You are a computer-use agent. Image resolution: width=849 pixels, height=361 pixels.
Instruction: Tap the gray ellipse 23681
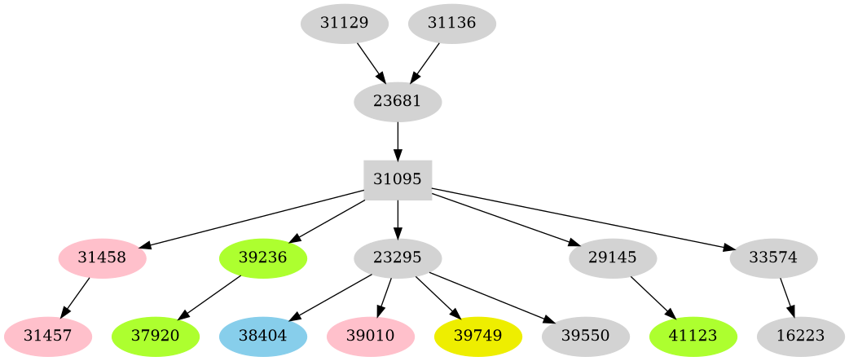click(x=398, y=102)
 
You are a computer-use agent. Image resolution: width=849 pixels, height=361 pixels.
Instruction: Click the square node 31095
click(x=398, y=180)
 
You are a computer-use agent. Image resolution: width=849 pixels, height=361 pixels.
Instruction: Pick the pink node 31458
click(x=103, y=258)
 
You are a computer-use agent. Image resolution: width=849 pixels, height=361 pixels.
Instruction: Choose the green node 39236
click(x=263, y=258)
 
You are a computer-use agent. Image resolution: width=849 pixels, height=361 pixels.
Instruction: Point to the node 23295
click(x=398, y=258)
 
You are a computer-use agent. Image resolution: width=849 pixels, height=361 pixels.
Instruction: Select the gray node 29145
click(x=612, y=258)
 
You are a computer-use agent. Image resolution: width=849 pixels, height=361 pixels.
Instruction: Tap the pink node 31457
click(x=47, y=336)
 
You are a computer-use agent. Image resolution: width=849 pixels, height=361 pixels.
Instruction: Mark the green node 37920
click(x=156, y=336)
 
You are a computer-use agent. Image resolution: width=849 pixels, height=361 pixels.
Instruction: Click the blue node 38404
click(x=263, y=336)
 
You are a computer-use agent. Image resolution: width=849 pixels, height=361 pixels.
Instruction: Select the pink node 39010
click(x=371, y=336)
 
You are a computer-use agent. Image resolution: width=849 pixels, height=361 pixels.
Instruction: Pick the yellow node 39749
click(x=478, y=336)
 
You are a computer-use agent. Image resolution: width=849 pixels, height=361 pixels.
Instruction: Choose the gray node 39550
click(x=586, y=336)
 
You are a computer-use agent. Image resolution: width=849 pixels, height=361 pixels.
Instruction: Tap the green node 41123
click(x=693, y=336)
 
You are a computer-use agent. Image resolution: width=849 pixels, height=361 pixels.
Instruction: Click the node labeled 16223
click(x=801, y=336)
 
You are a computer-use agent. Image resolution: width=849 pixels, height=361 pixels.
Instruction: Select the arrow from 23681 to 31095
click(x=398, y=140)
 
